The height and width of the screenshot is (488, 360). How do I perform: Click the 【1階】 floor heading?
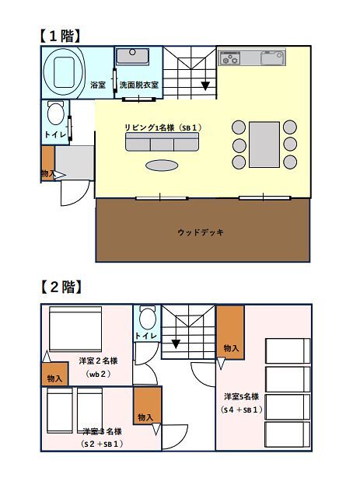[x=59, y=36]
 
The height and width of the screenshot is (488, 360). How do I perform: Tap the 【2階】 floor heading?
[x=61, y=287]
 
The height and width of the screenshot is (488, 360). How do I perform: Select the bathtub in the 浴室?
[x=65, y=72]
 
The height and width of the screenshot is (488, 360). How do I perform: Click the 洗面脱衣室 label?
[x=139, y=85]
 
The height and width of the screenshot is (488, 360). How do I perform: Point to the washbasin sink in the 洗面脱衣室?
[x=133, y=56]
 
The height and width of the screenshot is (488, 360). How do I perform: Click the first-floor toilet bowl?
[x=56, y=113]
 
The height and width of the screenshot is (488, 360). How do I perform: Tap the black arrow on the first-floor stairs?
[x=205, y=85]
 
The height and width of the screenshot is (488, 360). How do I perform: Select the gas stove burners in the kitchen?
[x=230, y=58]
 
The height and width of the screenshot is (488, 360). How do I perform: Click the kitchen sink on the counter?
[x=272, y=58]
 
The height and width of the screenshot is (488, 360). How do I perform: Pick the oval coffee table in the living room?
[x=162, y=166]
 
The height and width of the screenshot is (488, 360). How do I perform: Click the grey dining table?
[x=264, y=145]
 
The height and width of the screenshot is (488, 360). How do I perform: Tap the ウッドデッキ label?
[x=201, y=232]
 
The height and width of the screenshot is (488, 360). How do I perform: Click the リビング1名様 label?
[x=149, y=127]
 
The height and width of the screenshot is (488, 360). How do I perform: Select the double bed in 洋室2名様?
[x=75, y=329]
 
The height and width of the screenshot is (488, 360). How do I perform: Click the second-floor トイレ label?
[x=145, y=336]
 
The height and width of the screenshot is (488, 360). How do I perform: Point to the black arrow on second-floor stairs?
[x=176, y=344]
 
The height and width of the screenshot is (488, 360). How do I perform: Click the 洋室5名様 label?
[x=241, y=397]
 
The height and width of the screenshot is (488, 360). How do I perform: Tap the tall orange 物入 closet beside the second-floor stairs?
[x=230, y=333]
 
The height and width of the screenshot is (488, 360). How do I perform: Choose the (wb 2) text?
[x=98, y=374]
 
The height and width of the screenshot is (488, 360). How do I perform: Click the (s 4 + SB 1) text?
[x=241, y=410]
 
